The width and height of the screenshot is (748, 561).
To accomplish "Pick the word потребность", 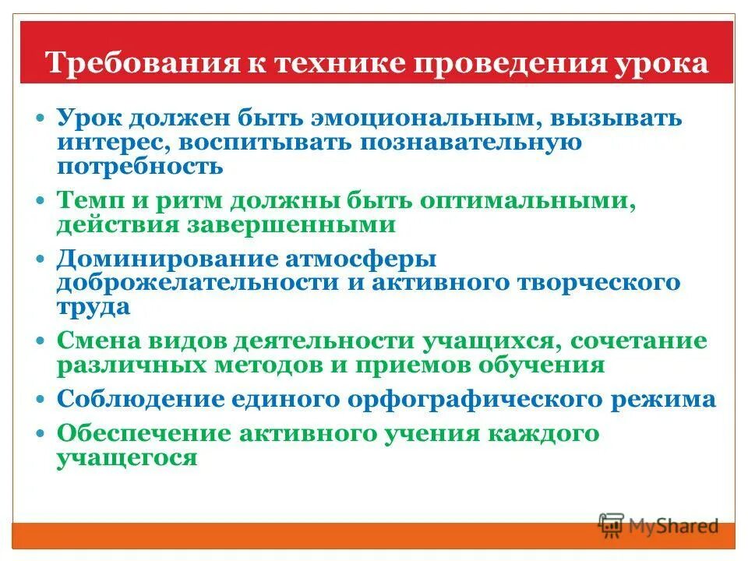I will coord(139,166).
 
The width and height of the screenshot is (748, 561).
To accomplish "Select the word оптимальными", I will coord(527,200).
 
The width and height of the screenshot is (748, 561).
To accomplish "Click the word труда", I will coord(93,306).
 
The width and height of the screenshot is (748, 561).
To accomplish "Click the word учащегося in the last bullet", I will coord(126,457).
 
